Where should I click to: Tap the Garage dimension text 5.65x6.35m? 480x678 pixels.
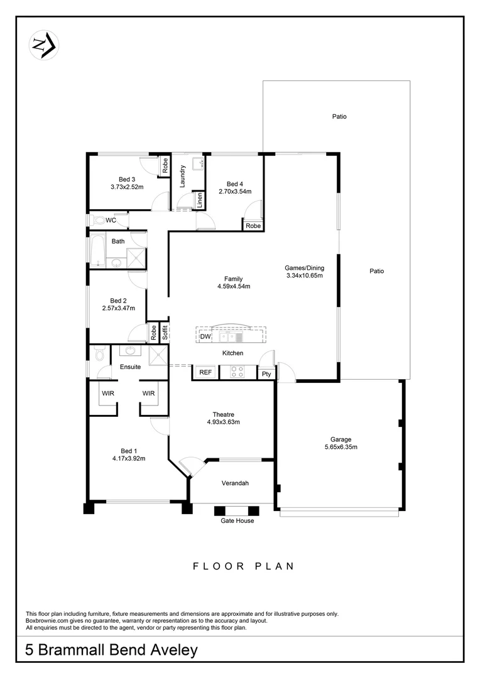(x=341, y=447)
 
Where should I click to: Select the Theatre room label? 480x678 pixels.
(x=223, y=414)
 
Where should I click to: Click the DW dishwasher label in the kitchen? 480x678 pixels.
(x=205, y=337)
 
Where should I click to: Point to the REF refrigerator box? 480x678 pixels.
(x=205, y=372)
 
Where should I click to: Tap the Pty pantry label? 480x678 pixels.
(x=266, y=374)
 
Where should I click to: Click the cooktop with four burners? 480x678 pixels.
(x=237, y=372)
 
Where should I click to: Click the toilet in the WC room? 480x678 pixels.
(x=98, y=220)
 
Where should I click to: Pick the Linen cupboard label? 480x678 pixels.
(x=199, y=202)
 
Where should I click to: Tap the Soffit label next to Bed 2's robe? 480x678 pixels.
(x=165, y=332)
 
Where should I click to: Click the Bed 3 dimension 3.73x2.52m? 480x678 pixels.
(x=127, y=187)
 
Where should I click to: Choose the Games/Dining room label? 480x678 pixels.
(x=304, y=268)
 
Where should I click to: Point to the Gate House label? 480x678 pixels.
(x=237, y=520)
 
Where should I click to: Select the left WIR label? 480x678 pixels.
(x=108, y=394)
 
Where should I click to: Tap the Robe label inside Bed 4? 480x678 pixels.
(x=253, y=226)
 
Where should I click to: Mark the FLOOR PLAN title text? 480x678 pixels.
(x=243, y=566)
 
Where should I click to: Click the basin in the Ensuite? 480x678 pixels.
(x=131, y=352)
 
